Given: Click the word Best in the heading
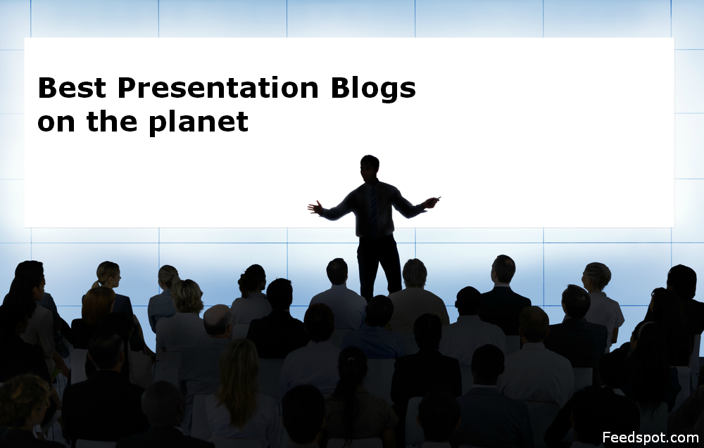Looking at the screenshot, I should tap(73, 89).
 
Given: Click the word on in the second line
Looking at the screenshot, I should tap(56, 122).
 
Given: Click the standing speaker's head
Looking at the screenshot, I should tap(370, 167).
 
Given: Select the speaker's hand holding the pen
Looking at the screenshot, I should tap(432, 202).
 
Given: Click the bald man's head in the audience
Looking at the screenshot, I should tap(218, 321).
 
